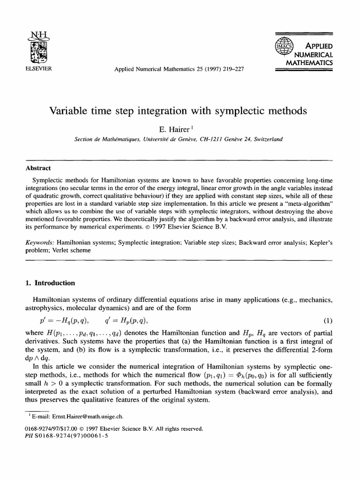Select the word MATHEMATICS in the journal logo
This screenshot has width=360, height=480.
coord(309,62)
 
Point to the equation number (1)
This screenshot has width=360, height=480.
coord(329,321)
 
